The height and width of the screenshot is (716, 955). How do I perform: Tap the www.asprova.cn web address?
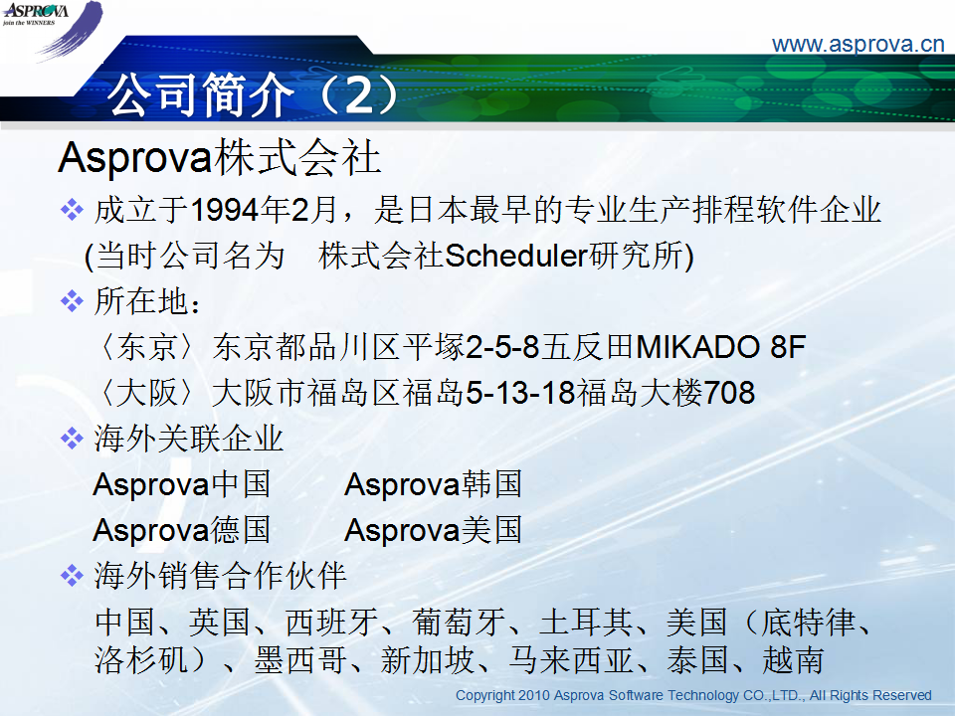point(858,45)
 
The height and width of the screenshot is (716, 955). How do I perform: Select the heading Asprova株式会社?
point(219,158)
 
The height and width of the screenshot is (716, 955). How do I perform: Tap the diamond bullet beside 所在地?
point(72,300)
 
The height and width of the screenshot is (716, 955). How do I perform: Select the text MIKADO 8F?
point(720,346)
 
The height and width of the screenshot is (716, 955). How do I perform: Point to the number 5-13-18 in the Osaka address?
point(520,392)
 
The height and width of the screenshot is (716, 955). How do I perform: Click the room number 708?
point(729,392)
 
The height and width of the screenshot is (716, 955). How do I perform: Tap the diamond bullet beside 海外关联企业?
point(72,438)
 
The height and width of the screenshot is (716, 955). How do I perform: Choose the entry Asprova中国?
point(181,484)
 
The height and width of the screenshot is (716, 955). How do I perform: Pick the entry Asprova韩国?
point(433,484)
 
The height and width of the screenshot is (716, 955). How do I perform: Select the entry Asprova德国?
point(181,530)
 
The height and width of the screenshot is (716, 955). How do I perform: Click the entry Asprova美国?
point(433,530)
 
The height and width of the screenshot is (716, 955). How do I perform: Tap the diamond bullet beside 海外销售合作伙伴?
point(72,576)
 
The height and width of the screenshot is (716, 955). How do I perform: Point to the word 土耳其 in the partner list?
point(585,623)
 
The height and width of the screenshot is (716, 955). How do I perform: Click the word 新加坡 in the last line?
point(427,660)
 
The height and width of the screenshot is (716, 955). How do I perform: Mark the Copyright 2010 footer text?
point(693,695)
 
